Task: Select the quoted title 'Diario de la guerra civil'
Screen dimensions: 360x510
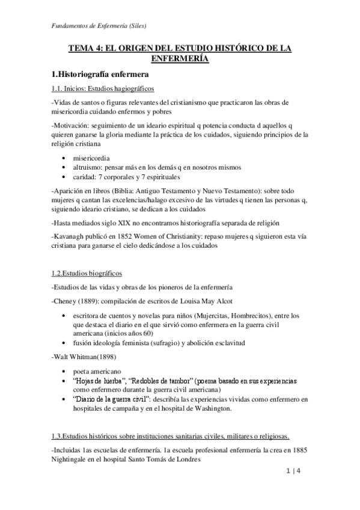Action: click(x=112, y=400)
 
